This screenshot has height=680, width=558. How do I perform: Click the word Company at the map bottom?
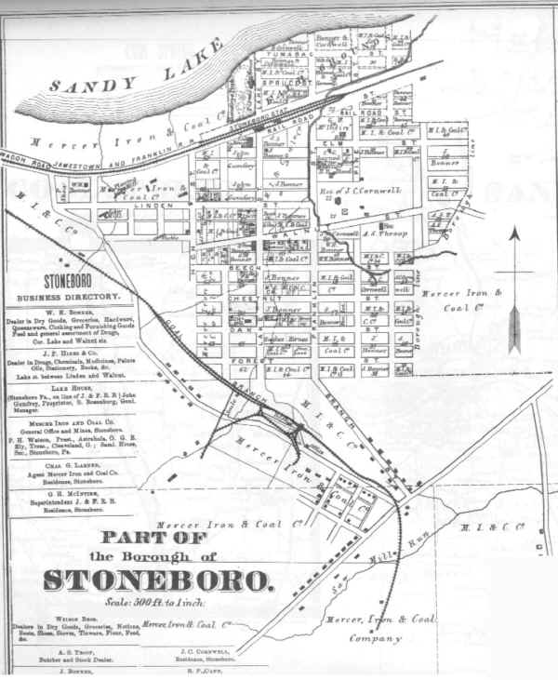pos(378,638)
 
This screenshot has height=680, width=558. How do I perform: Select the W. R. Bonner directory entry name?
pos(69,313)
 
